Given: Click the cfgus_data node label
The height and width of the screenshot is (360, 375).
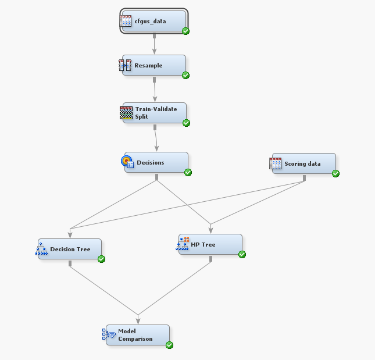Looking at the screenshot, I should (150, 22).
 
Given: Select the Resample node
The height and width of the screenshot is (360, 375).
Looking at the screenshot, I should (154, 66).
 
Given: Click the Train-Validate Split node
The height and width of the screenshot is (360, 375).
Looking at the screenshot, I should (155, 113).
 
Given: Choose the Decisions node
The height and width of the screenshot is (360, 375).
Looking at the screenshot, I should (156, 162).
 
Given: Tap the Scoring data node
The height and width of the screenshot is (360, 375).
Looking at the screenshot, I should (303, 163).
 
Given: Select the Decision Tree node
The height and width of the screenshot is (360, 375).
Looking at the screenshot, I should (70, 249).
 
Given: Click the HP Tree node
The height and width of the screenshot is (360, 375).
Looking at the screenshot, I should (210, 244).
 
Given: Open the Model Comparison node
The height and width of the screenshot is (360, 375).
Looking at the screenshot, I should (138, 335).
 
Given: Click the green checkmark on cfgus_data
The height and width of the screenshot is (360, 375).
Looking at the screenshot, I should (185, 31).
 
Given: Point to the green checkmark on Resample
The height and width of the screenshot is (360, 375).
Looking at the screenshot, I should (185, 75).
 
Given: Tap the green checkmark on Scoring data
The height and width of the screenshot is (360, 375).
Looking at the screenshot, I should (335, 173).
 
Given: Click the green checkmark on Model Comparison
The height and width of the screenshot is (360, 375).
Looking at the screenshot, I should (169, 345).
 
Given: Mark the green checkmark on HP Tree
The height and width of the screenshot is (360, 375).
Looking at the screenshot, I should (242, 254).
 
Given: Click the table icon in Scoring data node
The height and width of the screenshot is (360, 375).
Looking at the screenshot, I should (276, 163).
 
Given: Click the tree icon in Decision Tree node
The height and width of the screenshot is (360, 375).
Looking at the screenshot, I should (41, 249).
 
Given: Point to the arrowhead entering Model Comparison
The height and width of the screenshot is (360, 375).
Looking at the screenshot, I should (138, 319).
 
